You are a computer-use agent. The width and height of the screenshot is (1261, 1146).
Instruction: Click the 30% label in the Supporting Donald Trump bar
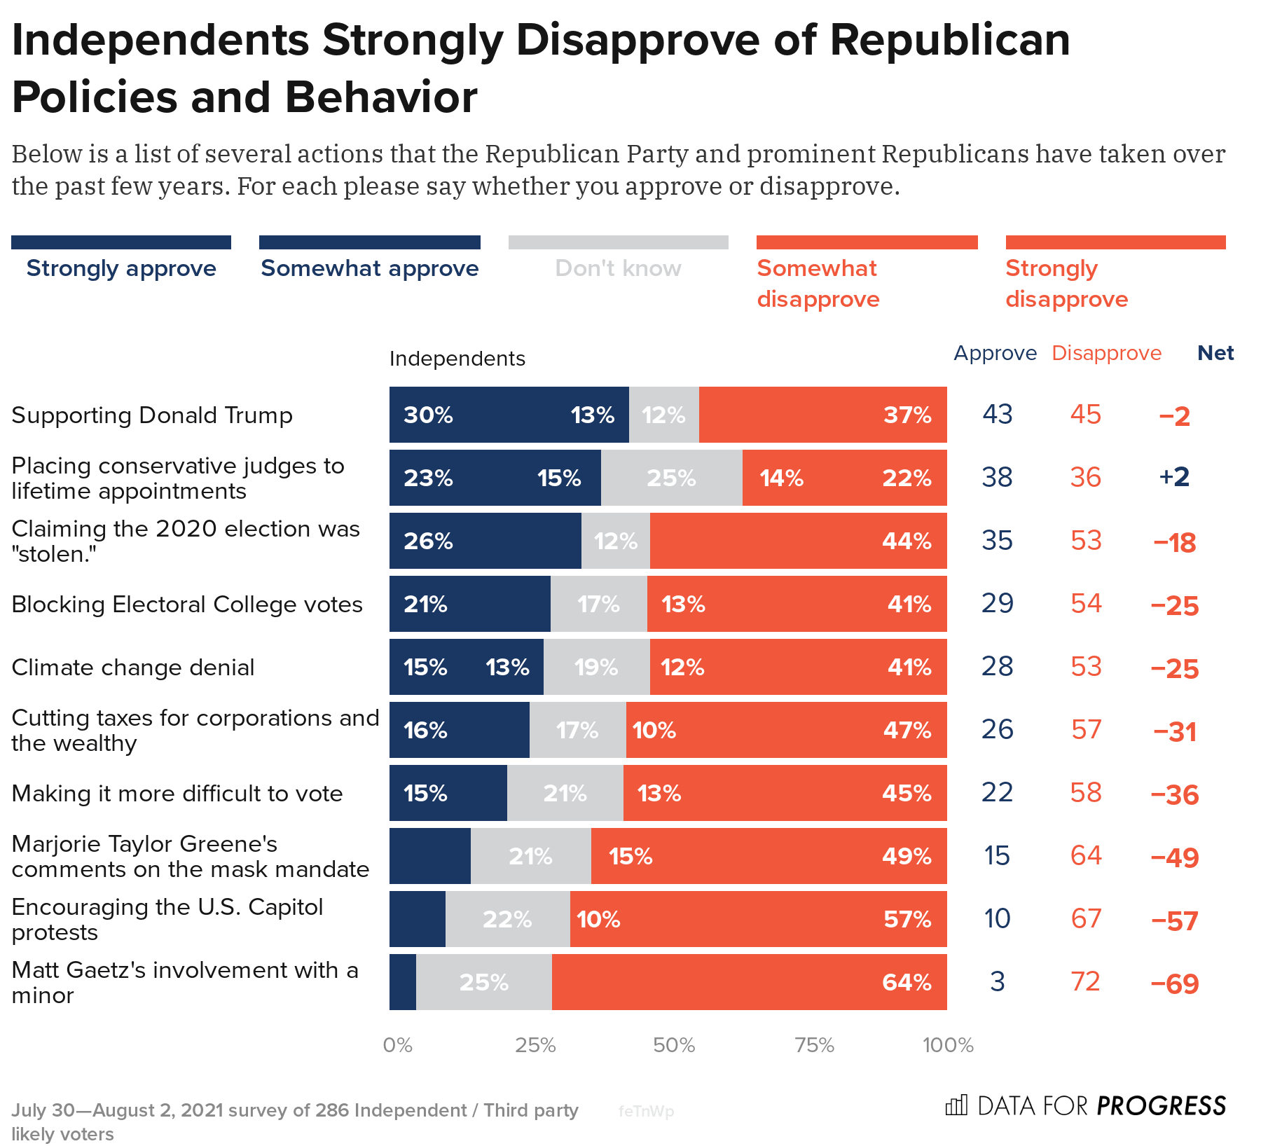pyautogui.click(x=428, y=415)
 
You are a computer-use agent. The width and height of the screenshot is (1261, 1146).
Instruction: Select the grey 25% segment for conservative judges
pyautogui.click(x=671, y=478)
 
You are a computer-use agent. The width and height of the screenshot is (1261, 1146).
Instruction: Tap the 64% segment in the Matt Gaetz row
pyautogui.click(x=749, y=982)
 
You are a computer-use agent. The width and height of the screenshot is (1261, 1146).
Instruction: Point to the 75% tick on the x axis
pyautogui.click(x=814, y=1045)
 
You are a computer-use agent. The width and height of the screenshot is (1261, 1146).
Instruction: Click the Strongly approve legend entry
pyautogui.click(x=121, y=268)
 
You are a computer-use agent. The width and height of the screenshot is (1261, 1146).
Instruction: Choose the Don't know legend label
pyautogui.click(x=618, y=268)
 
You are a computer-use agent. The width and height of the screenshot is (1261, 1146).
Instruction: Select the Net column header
pyautogui.click(x=1215, y=353)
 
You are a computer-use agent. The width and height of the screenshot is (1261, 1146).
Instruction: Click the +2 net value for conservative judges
pyautogui.click(x=1174, y=477)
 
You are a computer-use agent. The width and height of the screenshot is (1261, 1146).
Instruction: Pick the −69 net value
pyautogui.click(x=1175, y=983)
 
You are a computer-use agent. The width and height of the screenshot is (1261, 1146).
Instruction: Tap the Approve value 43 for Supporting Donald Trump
pyautogui.click(x=997, y=415)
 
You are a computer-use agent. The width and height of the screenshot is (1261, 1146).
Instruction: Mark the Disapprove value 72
pyautogui.click(x=1086, y=981)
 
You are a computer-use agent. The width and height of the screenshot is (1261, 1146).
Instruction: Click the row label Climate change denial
pyautogui.click(x=133, y=668)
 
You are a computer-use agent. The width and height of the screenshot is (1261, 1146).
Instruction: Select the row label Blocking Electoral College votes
pyautogui.click(x=187, y=605)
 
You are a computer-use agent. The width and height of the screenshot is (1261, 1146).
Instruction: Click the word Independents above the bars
pyautogui.click(x=457, y=359)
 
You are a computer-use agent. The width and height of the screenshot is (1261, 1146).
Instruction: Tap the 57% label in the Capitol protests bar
pyautogui.click(x=907, y=919)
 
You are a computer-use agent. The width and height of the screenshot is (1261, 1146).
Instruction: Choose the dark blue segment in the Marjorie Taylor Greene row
pyautogui.click(x=429, y=856)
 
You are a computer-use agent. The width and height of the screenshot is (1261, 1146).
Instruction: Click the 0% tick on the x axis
pyautogui.click(x=397, y=1045)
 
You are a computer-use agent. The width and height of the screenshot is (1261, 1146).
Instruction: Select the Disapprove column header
pyautogui.click(x=1106, y=353)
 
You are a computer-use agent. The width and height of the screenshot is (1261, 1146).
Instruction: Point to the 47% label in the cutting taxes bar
pyautogui.click(x=907, y=730)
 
